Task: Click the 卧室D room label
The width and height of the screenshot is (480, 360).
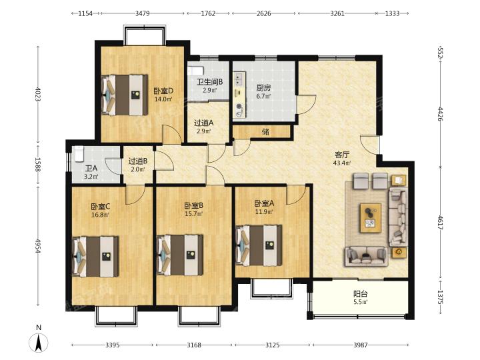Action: coord(163,91)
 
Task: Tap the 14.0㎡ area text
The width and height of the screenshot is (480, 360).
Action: coord(163,99)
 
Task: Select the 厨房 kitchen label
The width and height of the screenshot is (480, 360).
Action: coord(263,88)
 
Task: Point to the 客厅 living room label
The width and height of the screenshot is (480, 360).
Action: coord(342,155)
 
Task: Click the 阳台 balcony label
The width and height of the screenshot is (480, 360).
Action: coord(360,294)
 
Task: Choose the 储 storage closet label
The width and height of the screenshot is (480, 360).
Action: coord(265,132)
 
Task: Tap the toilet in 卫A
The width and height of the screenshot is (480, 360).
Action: coord(79,154)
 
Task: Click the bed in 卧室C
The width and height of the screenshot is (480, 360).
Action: coord(95,257)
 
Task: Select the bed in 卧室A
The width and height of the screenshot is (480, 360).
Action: coord(259,245)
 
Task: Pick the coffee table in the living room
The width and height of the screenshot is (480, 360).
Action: coord(371,218)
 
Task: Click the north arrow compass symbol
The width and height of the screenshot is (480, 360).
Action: coord(39,343)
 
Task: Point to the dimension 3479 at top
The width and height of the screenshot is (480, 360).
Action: coord(143,13)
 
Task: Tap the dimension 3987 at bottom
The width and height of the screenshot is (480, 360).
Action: coord(360,345)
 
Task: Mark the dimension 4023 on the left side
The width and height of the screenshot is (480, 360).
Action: coord(38,94)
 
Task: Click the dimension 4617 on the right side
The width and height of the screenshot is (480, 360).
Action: coord(440,223)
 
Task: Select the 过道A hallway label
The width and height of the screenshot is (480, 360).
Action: coord(203,123)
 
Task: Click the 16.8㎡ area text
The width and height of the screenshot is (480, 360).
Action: coord(100,215)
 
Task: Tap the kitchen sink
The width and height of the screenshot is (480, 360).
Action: coord(239,79)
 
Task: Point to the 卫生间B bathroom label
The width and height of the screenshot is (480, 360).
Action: coord(210,82)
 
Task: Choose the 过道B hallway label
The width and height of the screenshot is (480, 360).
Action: coord(138,161)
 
